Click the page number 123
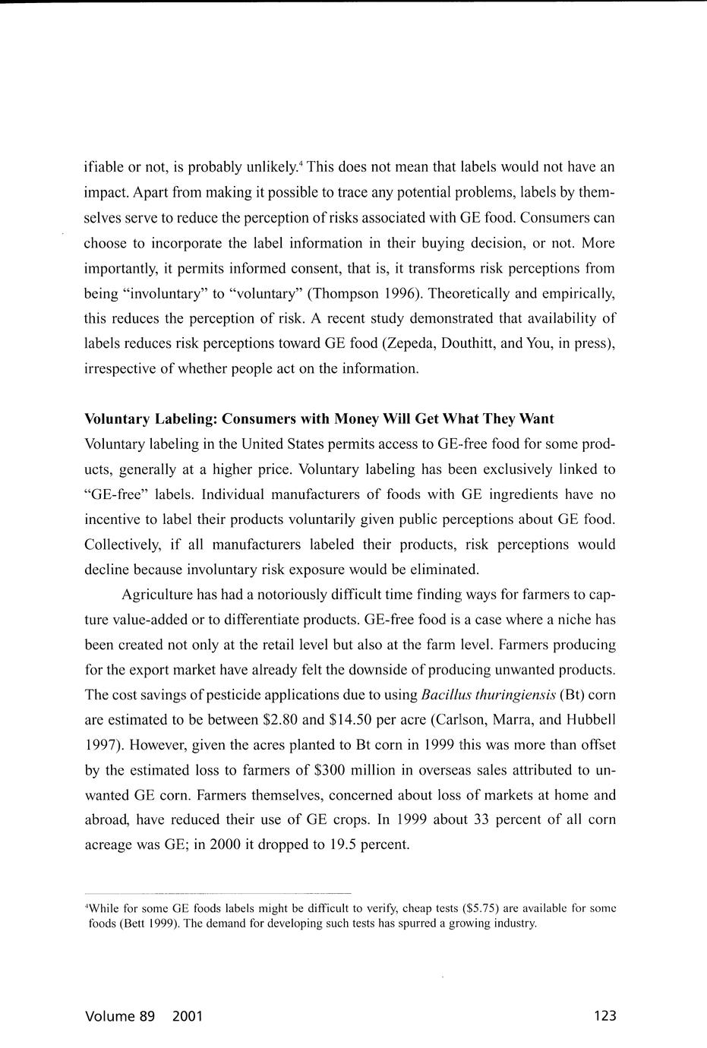coord(604,1016)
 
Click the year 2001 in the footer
coord(188,1016)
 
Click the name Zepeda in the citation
coord(412,343)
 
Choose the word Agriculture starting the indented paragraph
coord(157,594)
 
